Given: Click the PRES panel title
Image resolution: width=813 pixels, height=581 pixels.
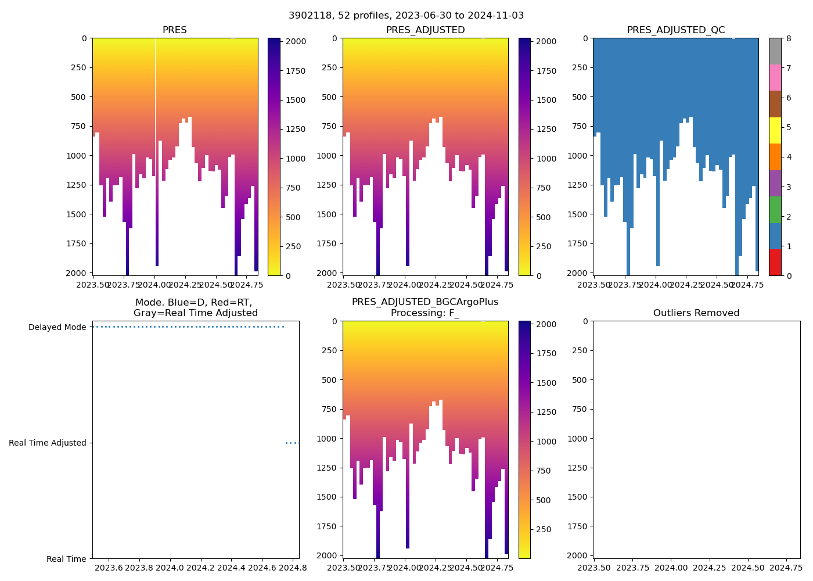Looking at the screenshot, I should [x=174, y=30].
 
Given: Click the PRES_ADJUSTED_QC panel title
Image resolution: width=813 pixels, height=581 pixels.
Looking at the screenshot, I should [x=676, y=30].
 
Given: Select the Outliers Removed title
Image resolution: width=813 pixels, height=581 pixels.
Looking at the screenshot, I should [x=696, y=313].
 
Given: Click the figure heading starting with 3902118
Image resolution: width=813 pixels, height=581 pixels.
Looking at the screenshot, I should [x=406, y=16].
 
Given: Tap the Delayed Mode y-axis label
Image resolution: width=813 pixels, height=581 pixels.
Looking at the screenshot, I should [x=57, y=327].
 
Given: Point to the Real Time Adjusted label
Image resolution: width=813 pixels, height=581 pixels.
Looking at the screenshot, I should [x=48, y=443].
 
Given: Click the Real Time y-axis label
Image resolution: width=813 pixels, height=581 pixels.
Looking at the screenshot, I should [x=66, y=559].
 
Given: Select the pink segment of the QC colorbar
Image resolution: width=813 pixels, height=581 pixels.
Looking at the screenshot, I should [x=775, y=77].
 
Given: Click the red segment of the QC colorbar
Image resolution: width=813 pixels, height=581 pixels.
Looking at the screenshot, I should [x=775, y=263].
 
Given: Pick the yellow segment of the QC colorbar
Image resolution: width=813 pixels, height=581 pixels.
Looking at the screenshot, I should [x=775, y=130].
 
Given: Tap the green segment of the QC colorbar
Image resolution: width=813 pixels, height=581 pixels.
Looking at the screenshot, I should [x=775, y=210].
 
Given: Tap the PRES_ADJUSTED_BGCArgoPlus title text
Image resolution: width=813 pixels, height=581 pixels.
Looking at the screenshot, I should [x=425, y=302].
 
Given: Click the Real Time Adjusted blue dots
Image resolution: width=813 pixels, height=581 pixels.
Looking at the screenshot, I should [x=292, y=443].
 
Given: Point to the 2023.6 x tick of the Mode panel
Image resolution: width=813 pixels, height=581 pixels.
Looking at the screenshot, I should [x=109, y=568].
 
